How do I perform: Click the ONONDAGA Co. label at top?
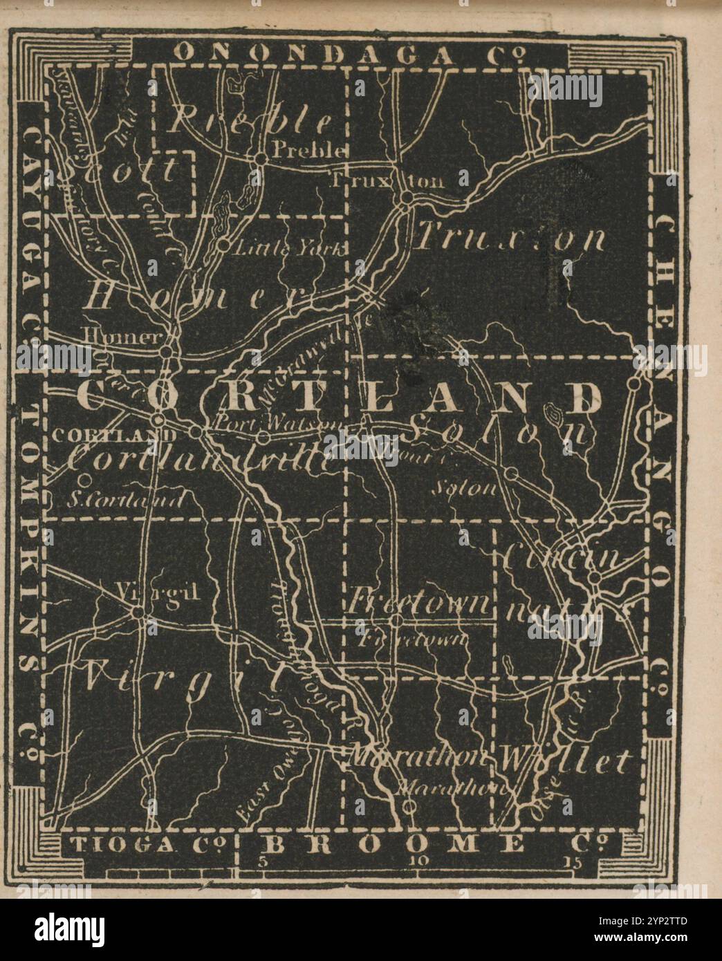tap(352, 53)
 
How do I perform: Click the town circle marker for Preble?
tap(260, 159)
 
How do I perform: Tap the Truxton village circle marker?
tap(406, 198)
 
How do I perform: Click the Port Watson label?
tap(277, 421)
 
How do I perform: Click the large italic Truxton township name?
tap(512, 239)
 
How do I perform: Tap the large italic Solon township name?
tap(498, 433)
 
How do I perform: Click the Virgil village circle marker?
tap(138, 612)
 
